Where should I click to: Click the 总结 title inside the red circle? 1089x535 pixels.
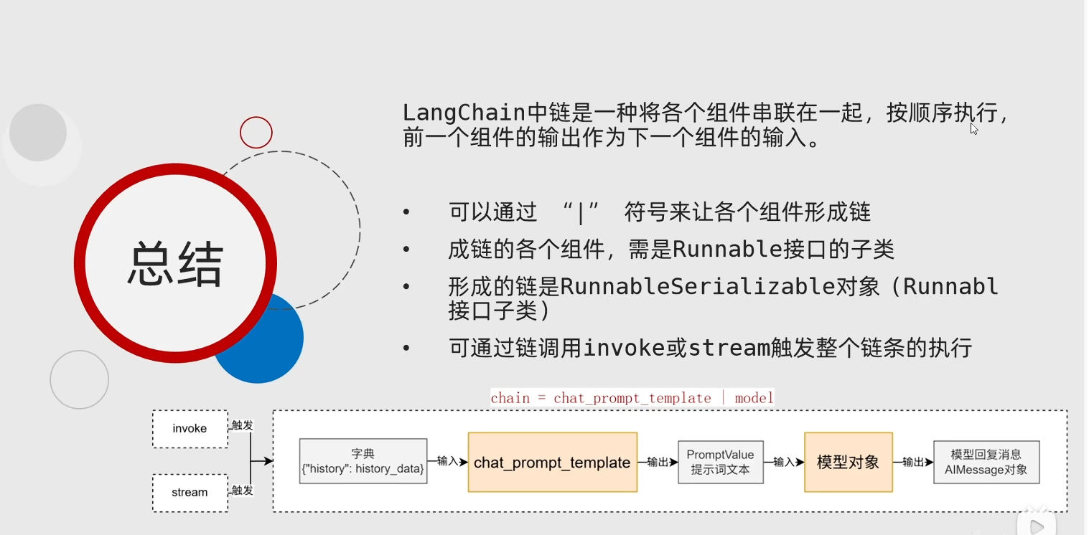click(x=175, y=264)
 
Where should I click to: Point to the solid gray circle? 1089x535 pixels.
click(x=38, y=133)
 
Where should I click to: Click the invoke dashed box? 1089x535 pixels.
click(x=190, y=429)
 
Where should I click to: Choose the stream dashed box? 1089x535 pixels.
click(x=190, y=493)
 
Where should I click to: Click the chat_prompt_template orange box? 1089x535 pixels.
click(x=552, y=462)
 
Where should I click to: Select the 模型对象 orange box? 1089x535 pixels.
click(x=849, y=462)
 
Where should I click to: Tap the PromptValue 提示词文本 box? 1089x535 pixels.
click(x=721, y=462)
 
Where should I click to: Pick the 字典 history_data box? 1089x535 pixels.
click(x=363, y=461)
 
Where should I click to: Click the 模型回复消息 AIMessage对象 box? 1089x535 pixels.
click(x=986, y=462)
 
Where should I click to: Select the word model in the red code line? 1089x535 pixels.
click(x=754, y=398)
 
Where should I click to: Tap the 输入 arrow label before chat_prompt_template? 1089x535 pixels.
click(x=447, y=460)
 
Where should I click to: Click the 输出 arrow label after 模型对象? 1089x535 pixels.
click(x=912, y=462)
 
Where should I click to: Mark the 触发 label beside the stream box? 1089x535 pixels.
click(x=242, y=491)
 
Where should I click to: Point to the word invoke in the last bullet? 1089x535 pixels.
click(x=624, y=348)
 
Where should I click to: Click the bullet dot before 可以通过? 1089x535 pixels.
click(x=406, y=212)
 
